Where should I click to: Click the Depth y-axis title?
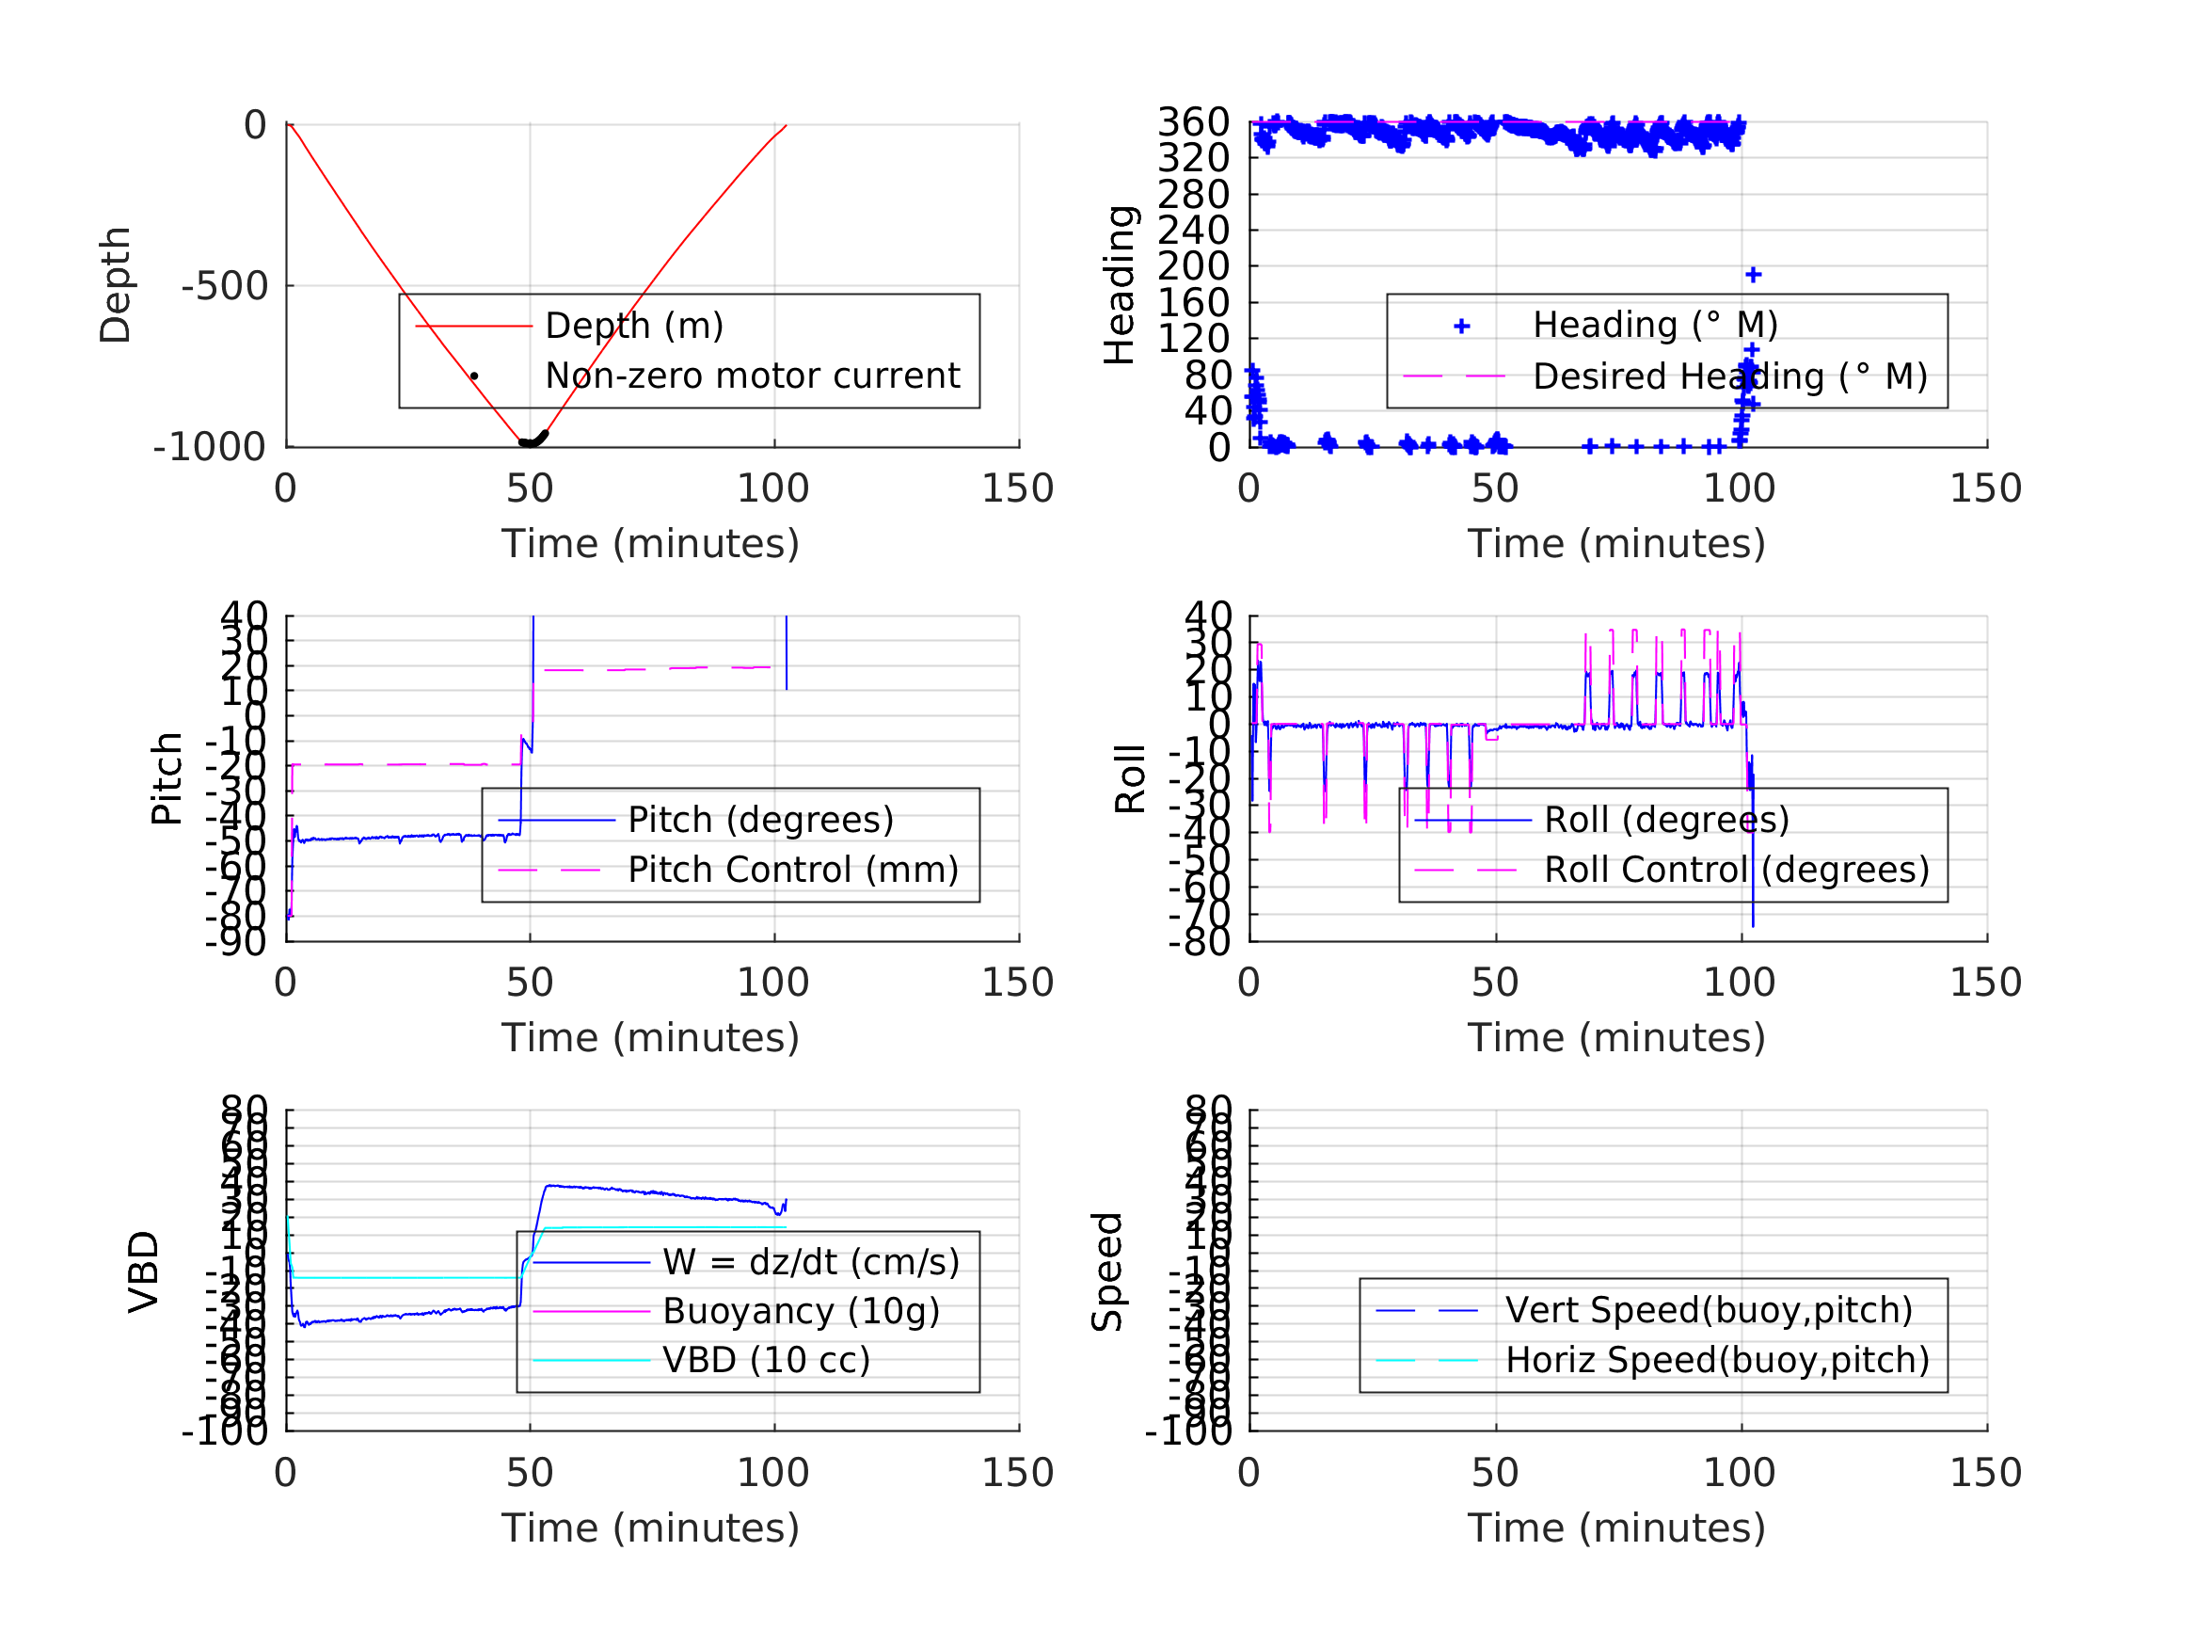pos(116,285)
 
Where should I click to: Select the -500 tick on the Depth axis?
pos(225,286)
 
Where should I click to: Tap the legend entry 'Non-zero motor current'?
pos(751,376)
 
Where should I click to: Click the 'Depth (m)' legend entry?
pos(634,326)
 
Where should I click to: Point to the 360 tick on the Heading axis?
pos(1194,122)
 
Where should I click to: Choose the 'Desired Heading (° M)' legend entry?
pos(1729,377)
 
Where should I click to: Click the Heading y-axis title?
pos(1120,285)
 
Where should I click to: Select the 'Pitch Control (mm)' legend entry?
pos(793,871)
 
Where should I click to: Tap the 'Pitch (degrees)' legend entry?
pos(760,820)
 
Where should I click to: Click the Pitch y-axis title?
pos(167,779)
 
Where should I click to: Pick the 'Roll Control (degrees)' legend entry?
pos(1737,871)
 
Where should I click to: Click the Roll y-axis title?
pos(1130,779)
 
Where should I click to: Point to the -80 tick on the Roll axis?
pos(1200,941)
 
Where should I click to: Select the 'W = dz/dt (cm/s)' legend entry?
pos(811,1263)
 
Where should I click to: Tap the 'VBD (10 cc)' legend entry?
pos(766,1361)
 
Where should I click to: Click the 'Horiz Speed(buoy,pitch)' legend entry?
pos(1717,1361)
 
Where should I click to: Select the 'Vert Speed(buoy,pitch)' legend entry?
pos(1708,1311)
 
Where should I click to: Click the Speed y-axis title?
pos(1107,1271)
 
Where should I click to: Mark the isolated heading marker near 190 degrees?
pos(1754,275)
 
